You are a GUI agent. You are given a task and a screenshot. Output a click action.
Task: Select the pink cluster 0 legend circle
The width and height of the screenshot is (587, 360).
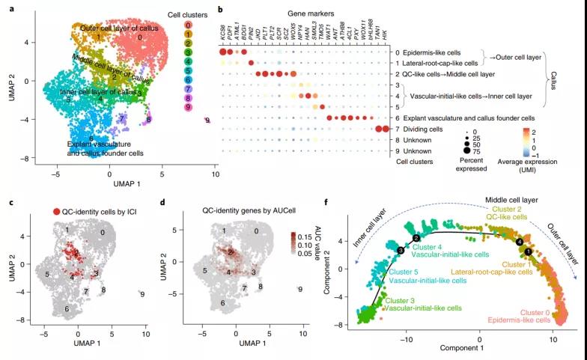(189, 25)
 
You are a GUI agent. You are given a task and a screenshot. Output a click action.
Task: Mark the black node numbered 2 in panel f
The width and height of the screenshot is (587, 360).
(416, 238)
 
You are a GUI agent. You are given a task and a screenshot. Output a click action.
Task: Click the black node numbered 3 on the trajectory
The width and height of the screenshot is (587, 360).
(401, 250)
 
